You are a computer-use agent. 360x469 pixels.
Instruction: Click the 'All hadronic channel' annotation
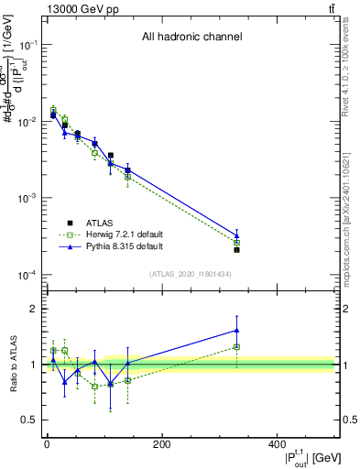coord(191,38)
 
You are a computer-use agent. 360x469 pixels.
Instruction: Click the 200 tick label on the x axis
coord(161,445)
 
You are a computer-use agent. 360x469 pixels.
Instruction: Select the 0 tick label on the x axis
coord(47,445)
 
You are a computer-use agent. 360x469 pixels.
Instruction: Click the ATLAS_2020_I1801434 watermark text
coord(191,274)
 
